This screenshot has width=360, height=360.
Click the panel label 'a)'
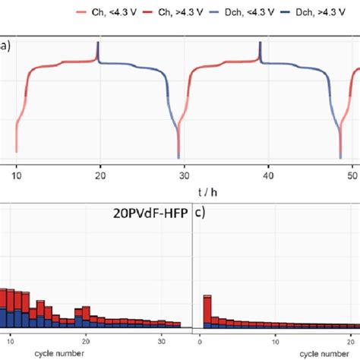[x=5, y=46]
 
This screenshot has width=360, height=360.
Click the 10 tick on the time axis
[x=17, y=175]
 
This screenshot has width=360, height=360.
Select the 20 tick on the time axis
[x=99, y=175]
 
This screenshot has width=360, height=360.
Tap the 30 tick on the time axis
[x=180, y=175]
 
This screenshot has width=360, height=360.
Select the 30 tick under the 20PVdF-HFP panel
[x=162, y=339]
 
